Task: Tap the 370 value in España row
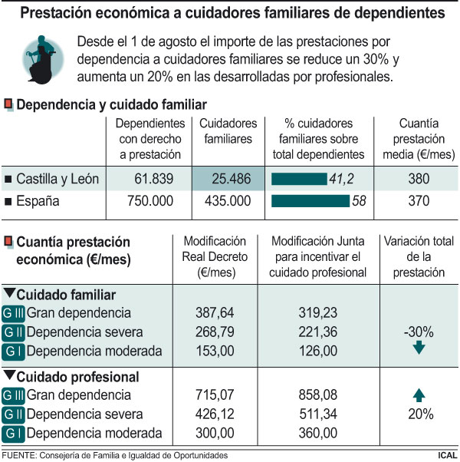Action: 418,202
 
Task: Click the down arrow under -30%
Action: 419,348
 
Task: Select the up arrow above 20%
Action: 419,396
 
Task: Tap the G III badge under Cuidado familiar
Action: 14,313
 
